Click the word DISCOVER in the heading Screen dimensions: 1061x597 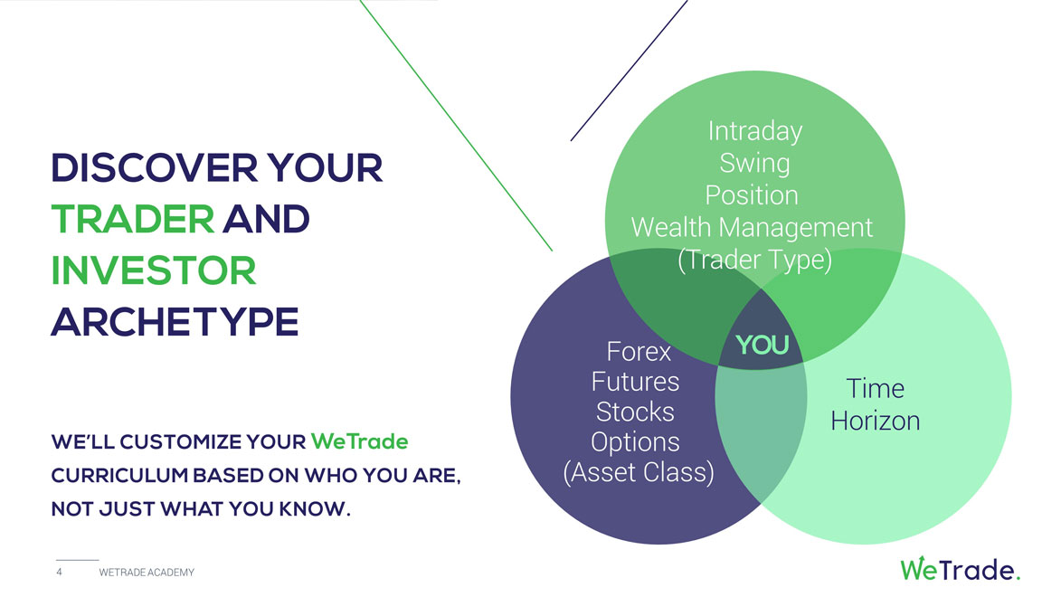tap(155, 168)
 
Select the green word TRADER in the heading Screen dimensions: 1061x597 tap(133, 219)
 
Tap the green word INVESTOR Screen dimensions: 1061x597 tap(154, 270)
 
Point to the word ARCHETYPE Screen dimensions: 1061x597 tap(175, 321)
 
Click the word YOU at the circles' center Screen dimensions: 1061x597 tap(762, 346)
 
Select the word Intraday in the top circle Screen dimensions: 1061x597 tap(755, 130)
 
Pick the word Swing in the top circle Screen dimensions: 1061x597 tap(754, 163)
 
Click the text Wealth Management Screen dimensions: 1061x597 tap(752, 227)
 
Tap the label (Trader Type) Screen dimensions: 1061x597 tap(754, 260)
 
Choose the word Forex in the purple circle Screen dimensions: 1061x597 tap(639, 351)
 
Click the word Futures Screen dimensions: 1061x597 tap(635, 382)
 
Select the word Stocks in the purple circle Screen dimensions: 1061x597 tap(635, 412)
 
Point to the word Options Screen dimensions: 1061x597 tap(635, 442)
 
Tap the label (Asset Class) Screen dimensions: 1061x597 tap(639, 472)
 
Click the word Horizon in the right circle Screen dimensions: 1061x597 tap(875, 421)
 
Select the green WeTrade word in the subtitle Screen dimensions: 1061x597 tap(359, 442)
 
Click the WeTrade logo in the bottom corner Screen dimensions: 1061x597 tap(960, 569)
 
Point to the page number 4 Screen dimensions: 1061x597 tap(59, 572)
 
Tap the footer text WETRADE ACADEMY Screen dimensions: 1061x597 tap(147, 573)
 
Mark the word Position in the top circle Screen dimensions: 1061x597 tap(751, 195)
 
